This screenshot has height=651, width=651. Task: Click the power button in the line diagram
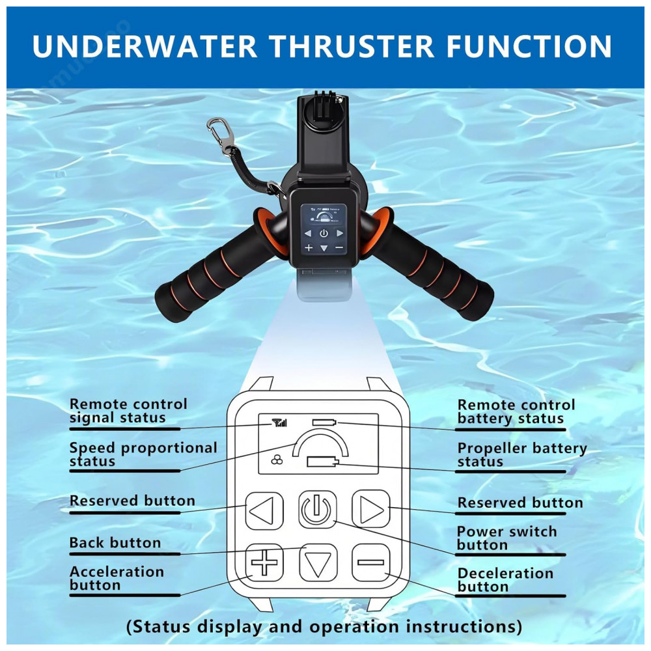click(x=317, y=509)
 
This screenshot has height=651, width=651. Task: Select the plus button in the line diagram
click(x=264, y=562)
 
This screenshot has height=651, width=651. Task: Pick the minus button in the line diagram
click(x=371, y=562)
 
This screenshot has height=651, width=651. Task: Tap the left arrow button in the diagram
click(x=264, y=510)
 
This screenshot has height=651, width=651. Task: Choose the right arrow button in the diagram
click(x=371, y=508)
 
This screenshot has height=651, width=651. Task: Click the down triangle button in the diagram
click(x=318, y=562)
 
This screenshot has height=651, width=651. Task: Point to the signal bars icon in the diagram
click(x=279, y=423)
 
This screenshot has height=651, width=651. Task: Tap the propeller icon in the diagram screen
click(x=277, y=460)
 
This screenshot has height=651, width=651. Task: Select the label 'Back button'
click(x=115, y=543)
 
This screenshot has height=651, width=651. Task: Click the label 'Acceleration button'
click(x=117, y=578)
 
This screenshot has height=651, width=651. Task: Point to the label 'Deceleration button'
click(x=505, y=580)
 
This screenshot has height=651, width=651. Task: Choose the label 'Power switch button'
click(x=507, y=538)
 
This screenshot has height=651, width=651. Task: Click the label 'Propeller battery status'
click(x=522, y=454)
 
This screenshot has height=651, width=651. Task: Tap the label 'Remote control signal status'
click(x=128, y=411)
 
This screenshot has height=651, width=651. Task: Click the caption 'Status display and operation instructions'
click(x=324, y=626)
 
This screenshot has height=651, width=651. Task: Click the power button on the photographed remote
click(x=324, y=233)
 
